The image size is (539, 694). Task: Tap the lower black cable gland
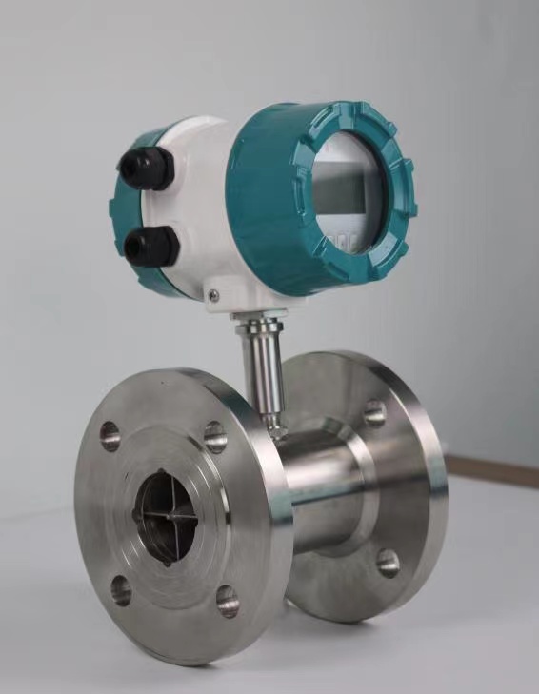click(151, 245)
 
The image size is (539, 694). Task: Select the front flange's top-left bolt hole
click(110, 435)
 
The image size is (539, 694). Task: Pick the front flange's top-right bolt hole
click(216, 436)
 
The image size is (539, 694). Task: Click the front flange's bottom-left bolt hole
click(121, 591)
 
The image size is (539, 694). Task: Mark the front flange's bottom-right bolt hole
click(227, 600)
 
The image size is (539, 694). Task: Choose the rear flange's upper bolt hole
click(374, 413)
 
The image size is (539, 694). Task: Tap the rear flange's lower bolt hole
click(388, 563)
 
